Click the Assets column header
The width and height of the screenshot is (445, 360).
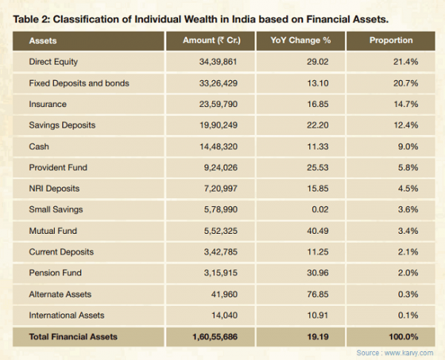pos(44,40)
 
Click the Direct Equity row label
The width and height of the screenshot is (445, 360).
pos(53,62)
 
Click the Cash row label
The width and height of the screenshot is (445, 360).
pos(39,147)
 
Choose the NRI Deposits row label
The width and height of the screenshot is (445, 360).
pos(54,189)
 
